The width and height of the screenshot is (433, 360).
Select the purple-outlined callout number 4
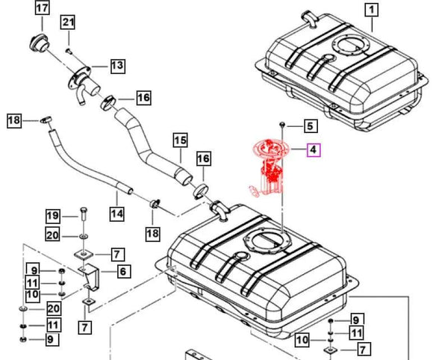coord(314,150)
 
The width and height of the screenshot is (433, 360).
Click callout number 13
coord(117,66)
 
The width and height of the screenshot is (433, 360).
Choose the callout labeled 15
coord(180,139)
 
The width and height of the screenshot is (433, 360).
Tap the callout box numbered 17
coord(42,9)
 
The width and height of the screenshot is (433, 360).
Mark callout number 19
coord(52,216)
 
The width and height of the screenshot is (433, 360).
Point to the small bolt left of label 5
coord(284,122)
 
